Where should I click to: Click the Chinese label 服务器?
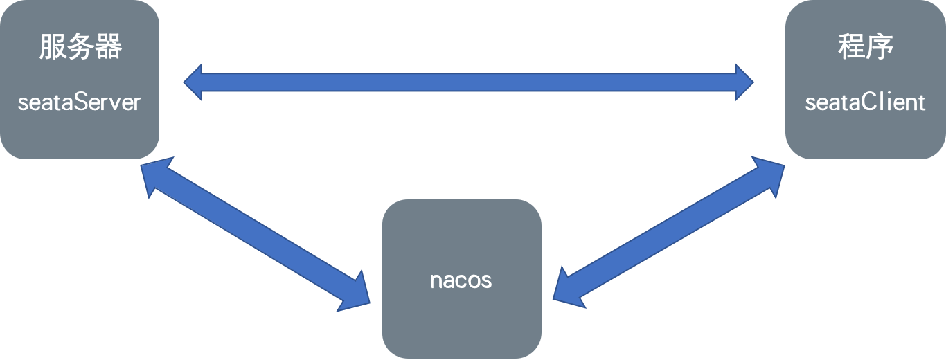(80, 48)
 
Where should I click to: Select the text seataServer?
(79, 102)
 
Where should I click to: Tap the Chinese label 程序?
(865, 47)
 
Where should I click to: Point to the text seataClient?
(865, 102)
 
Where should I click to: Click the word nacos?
(461, 280)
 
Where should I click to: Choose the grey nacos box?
(461, 318)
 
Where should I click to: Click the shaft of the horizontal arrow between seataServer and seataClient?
(469, 82)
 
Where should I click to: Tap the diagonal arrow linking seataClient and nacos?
(669, 232)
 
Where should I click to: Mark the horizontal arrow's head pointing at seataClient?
(744, 82)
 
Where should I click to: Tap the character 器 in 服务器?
(109, 48)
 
